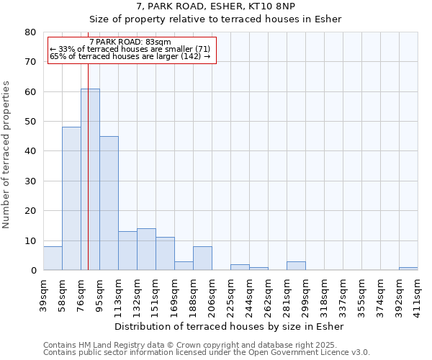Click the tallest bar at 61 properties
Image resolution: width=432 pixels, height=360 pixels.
pyautogui.click(x=90, y=179)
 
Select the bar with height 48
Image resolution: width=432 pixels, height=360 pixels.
pyautogui.click(x=71, y=199)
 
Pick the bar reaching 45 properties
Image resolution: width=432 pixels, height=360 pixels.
pyautogui.click(x=109, y=203)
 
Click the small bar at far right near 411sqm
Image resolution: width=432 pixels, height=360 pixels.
pyautogui.click(x=408, y=269)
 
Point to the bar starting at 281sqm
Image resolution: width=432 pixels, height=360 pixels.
pyautogui.click(x=296, y=266)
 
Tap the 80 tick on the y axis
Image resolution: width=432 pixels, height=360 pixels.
pyautogui.click(x=30, y=32)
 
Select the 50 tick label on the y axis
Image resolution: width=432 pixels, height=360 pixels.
pyautogui.click(x=30, y=122)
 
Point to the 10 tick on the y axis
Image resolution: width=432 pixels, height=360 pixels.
pyautogui.click(x=30, y=240)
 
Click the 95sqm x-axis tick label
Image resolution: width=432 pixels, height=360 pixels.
pyautogui.click(x=99, y=294)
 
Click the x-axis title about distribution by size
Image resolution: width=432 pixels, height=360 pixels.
pyautogui.click(x=229, y=326)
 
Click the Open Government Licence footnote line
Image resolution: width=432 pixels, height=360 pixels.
pyautogui.click(x=207, y=352)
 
